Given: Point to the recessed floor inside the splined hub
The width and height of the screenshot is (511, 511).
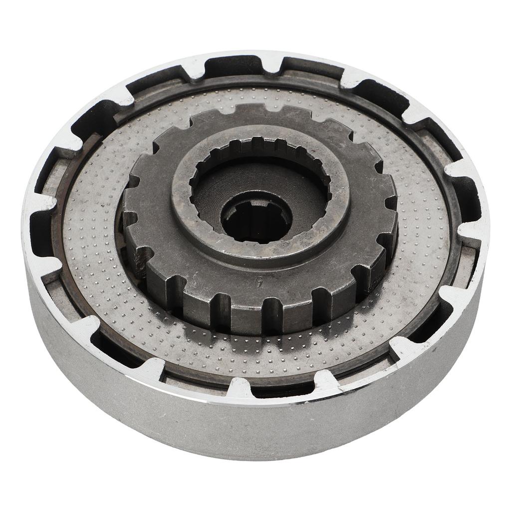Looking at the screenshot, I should pos(215,195).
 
